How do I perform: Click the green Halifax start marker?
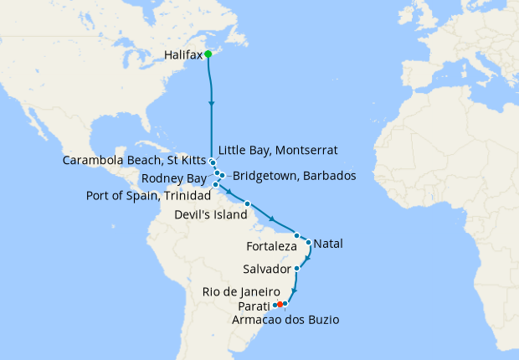[x=208, y=55]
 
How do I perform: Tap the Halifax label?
[x=184, y=56]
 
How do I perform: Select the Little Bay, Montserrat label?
[x=278, y=151]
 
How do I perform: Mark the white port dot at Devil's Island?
[x=247, y=204]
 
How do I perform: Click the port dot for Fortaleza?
[x=297, y=236]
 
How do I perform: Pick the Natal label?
[x=329, y=244]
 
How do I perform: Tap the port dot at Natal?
[x=309, y=244]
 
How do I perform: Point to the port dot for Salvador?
[x=297, y=269]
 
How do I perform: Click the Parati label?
[x=254, y=305]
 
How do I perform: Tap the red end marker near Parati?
[x=280, y=304]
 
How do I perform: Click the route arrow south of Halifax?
[x=212, y=103]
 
